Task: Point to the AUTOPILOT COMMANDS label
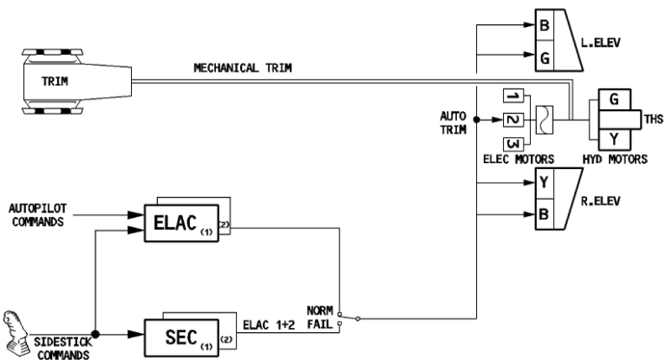tap(38, 215)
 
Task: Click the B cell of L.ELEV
tap(544, 26)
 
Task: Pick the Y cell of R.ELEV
tap(544, 184)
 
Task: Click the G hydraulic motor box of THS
tap(614, 101)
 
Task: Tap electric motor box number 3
tap(513, 142)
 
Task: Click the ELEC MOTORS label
tap(518, 160)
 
